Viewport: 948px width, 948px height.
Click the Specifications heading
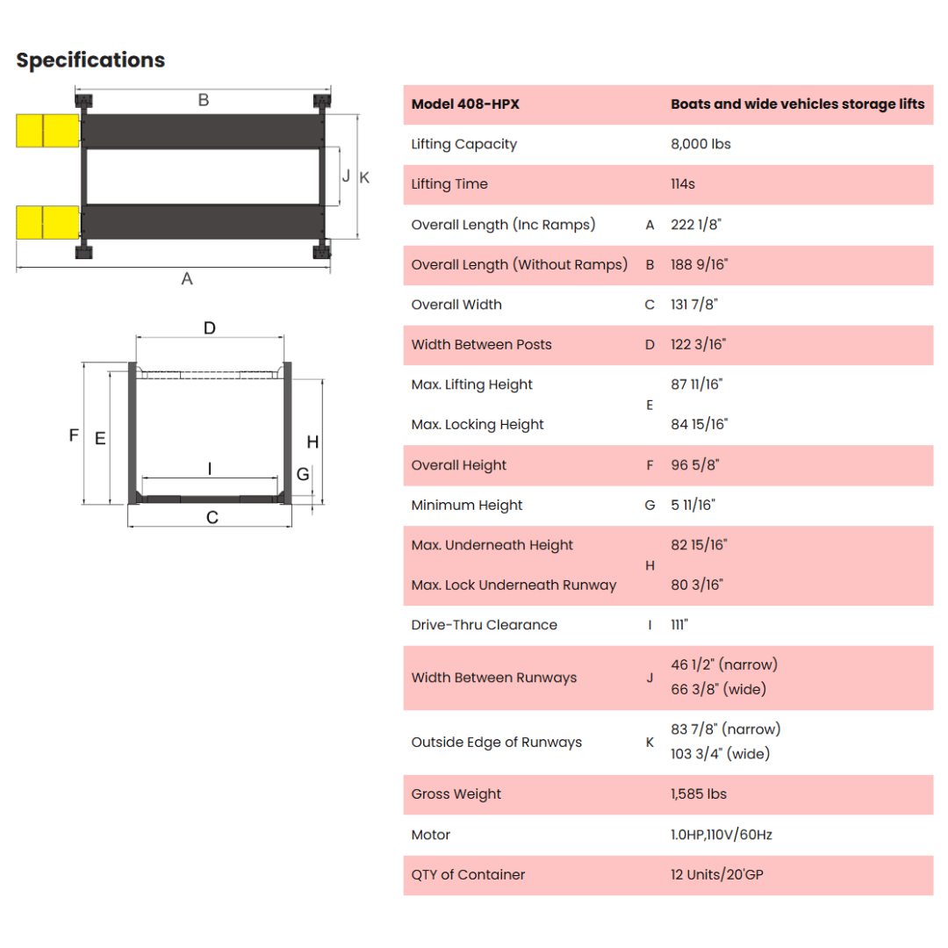click(90, 61)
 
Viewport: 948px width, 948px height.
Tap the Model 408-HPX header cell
click(465, 104)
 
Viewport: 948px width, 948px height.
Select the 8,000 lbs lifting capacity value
click(700, 144)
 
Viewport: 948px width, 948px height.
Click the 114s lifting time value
click(683, 183)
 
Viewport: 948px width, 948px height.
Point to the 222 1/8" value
click(696, 225)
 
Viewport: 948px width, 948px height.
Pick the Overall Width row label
click(456, 305)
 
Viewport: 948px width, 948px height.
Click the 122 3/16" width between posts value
click(699, 345)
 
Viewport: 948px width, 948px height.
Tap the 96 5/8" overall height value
click(695, 465)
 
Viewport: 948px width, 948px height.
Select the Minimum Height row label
click(467, 505)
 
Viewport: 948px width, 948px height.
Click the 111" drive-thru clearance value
click(679, 625)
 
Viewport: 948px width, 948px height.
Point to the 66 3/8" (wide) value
click(718, 689)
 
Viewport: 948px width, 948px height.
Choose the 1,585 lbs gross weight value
click(699, 794)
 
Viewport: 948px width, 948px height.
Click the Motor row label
click(430, 835)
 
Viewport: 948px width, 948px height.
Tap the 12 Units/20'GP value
click(717, 874)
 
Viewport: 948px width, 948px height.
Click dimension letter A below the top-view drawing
click(187, 279)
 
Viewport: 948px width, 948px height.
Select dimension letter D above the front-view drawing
click(209, 327)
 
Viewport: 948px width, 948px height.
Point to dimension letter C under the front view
click(212, 518)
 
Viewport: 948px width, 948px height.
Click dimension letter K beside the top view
click(364, 177)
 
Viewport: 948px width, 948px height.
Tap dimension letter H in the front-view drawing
click(312, 442)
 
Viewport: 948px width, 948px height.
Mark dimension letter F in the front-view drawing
click(74, 434)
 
